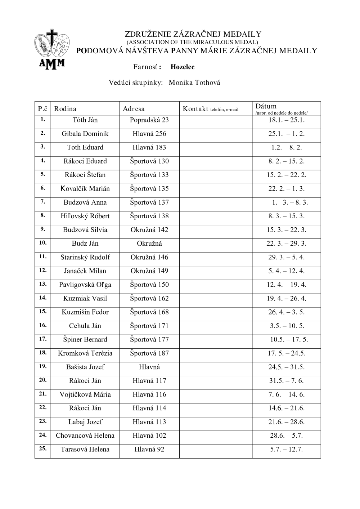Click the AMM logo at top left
pos(51,50)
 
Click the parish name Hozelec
pos(183,67)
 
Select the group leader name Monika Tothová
pos(194,83)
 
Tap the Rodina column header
pos(65,109)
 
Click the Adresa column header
pos(134,109)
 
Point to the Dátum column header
pos(266,106)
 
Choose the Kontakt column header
pos(195,109)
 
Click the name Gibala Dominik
pos(85,134)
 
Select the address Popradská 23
pos(149,120)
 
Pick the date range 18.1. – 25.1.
pos(286,120)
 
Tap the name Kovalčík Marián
pos(85,189)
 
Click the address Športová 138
pos(149,216)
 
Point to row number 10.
pos(43,243)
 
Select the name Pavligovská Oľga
pos(85,285)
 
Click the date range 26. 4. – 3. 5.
pos(286,312)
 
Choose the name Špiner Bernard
pos(85,340)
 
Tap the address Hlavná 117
pos(149,381)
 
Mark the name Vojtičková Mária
pos(85,394)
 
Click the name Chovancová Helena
pos(85,436)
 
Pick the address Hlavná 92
pos(149,449)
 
